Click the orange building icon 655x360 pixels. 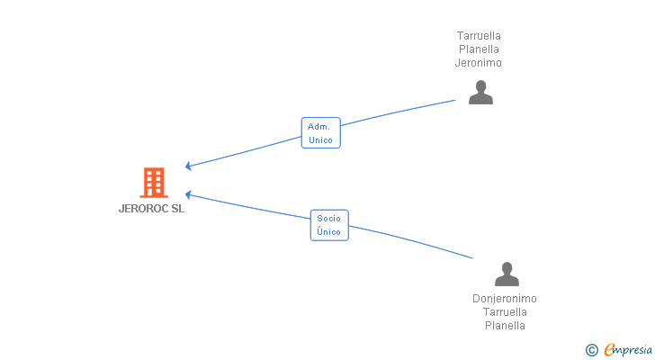[154, 183]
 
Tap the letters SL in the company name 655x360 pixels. [177, 209]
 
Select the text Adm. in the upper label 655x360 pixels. [320, 127]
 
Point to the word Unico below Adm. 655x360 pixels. [320, 140]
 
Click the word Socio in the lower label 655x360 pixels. [329, 219]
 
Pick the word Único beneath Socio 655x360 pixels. [329, 232]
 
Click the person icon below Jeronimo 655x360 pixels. [480, 93]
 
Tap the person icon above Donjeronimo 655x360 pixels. [507, 274]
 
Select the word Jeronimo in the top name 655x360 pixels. [479, 63]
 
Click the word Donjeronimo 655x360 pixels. [505, 299]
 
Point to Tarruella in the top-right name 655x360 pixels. [479, 36]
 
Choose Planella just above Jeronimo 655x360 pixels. [479, 49]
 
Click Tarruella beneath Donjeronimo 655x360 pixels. [505, 312]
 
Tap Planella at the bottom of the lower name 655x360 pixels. [505, 326]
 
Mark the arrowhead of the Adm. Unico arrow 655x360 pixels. [187, 166]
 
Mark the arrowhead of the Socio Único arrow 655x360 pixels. [187, 193]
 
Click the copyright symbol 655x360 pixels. [591, 350]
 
